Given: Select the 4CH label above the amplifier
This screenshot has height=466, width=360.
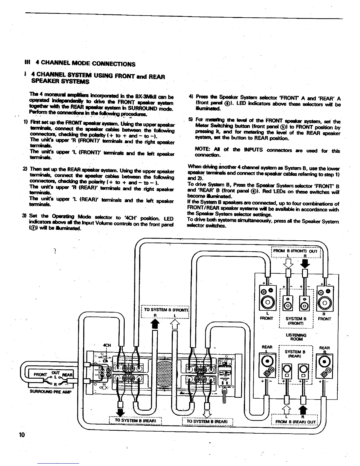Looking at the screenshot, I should point(106,345).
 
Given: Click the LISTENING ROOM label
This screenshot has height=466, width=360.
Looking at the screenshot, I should point(296,337).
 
